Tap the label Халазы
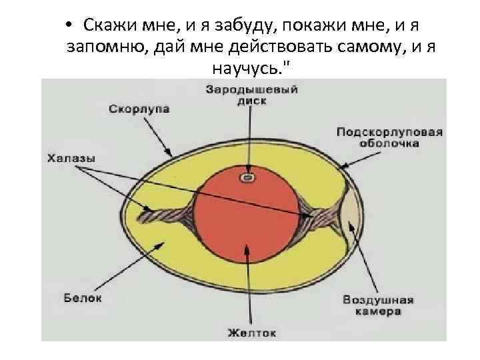point(71,159)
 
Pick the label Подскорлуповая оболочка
point(389,137)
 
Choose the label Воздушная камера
point(378,305)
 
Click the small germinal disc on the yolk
point(247,178)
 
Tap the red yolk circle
point(247,213)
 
